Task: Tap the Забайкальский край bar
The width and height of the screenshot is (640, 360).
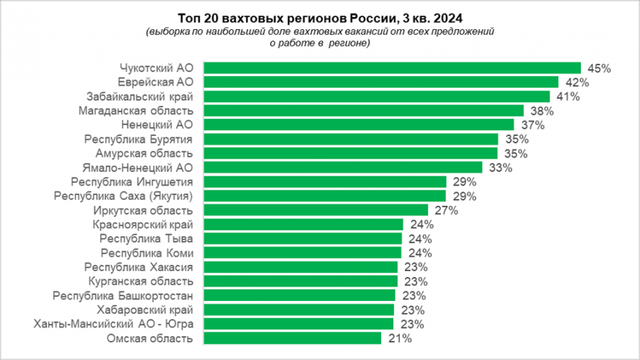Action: tap(377, 96)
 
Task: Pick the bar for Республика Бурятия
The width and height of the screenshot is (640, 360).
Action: tap(351, 139)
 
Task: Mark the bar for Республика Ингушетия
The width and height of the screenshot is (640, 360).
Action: tap(325, 181)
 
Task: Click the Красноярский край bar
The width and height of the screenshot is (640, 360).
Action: tap(304, 224)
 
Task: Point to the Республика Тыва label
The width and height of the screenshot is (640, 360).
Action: tap(146, 238)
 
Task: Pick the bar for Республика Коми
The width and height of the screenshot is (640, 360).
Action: tap(303, 253)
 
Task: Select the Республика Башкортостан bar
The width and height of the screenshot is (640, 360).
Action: tap(299, 295)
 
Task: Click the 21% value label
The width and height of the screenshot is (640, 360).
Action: tap(401, 339)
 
